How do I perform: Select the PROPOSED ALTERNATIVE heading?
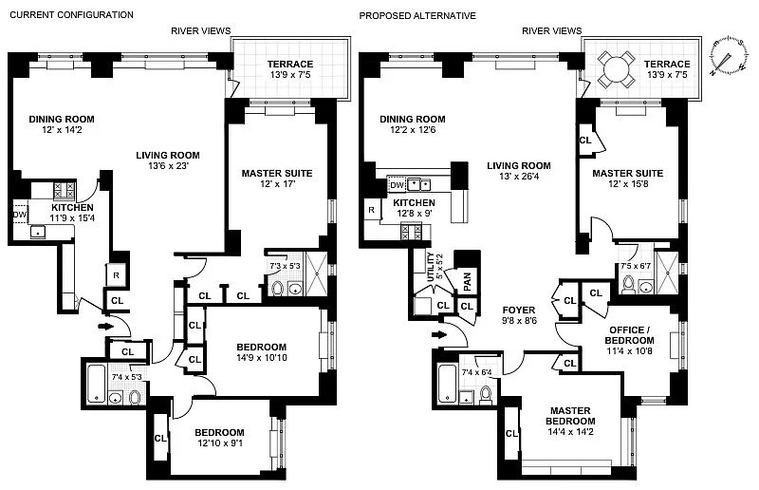coord(417,15)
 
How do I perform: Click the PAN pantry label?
coord(466,280)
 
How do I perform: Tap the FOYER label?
coord(519,310)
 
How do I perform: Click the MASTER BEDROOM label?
coord(570,416)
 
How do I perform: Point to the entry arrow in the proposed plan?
coord(437,334)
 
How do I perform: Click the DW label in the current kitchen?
coord(19,216)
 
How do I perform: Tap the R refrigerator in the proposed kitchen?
coord(372,209)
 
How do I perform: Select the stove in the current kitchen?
coord(63,189)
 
